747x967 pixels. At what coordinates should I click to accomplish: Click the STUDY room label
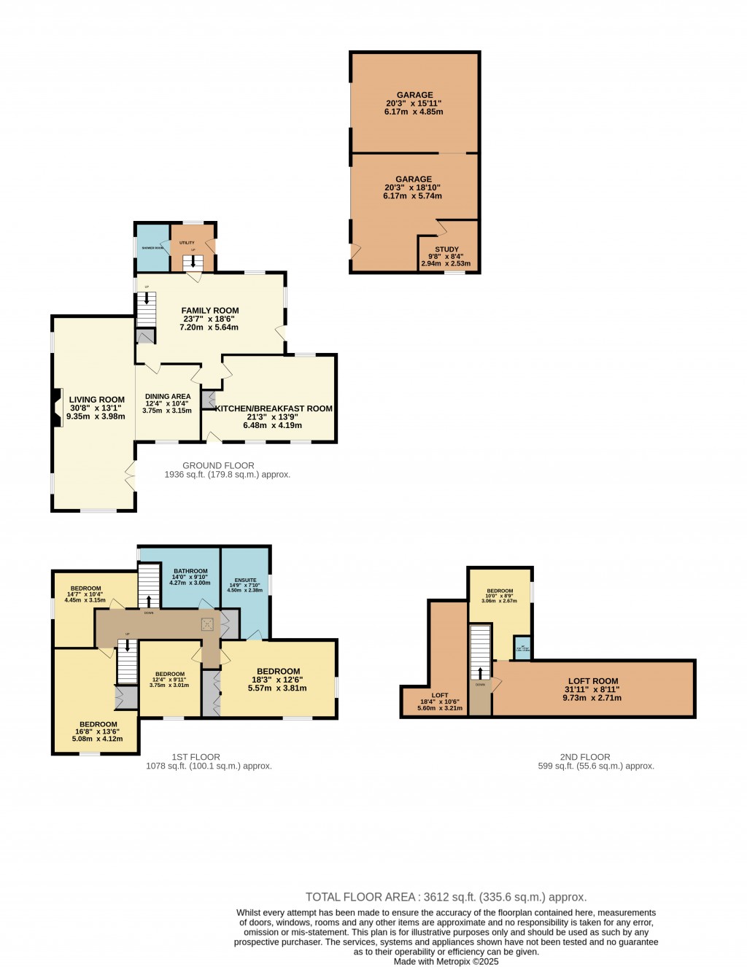coord(446,249)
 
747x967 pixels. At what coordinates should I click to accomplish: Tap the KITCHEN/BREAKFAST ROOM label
coord(274,408)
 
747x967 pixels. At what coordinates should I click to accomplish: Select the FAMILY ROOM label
coord(210,311)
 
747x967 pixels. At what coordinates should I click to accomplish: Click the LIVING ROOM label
coord(96,400)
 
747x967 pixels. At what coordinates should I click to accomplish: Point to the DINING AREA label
coord(167,397)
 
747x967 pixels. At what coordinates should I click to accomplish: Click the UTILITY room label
coord(187,243)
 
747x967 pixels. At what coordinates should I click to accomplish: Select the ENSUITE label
coord(245,580)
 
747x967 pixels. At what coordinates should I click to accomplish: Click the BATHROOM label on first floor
coord(190,571)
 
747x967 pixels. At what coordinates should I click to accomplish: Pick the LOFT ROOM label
coord(592,681)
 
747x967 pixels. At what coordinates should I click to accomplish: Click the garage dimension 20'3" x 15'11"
coord(414,104)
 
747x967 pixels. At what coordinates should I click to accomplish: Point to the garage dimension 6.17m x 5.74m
coord(413,196)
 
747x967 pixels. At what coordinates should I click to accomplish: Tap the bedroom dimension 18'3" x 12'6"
coord(278,680)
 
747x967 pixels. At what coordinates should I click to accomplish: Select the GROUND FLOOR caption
coord(218,465)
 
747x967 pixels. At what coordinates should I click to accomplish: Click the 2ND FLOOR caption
coord(585,757)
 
